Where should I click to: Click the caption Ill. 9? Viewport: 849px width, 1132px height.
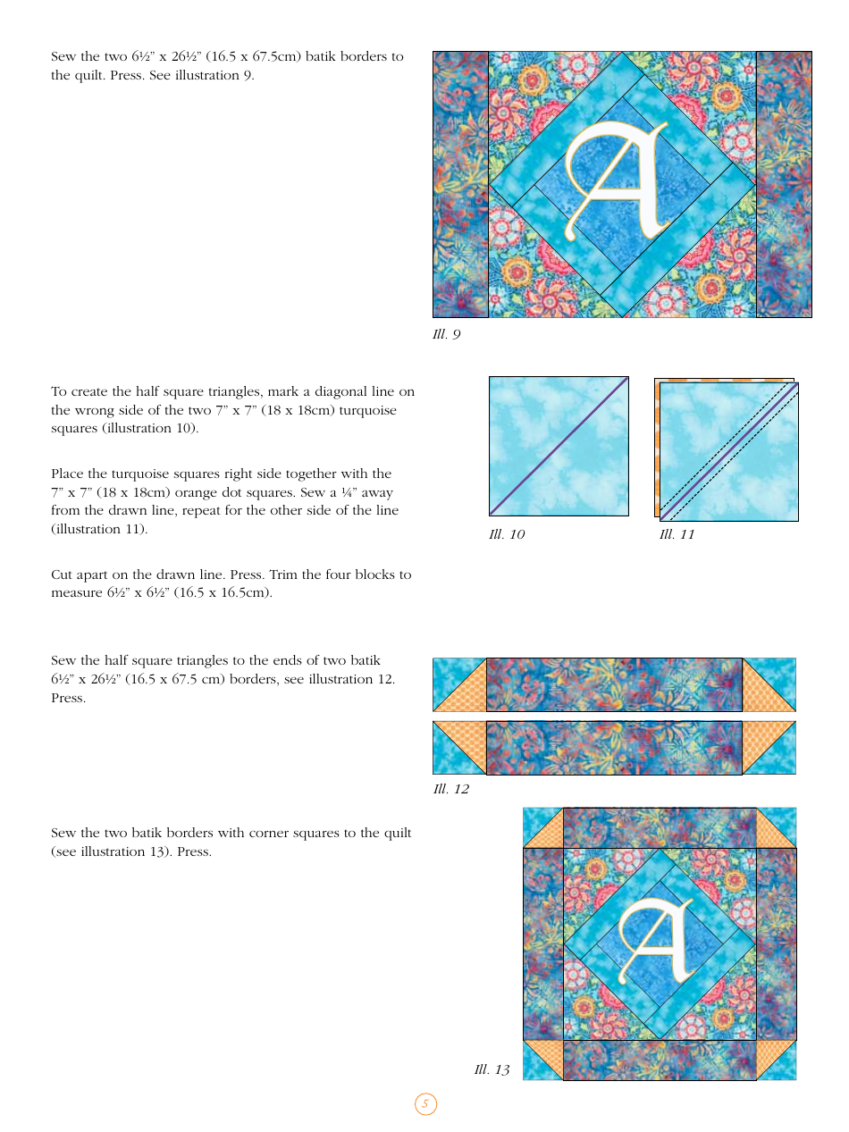[446, 334]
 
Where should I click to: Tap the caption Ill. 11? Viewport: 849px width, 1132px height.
[677, 534]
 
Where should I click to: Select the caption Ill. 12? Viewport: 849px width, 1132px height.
[450, 789]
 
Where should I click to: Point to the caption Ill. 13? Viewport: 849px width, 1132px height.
[492, 1069]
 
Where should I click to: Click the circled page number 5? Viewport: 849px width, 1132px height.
[425, 1104]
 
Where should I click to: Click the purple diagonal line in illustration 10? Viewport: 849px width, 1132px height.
[559, 446]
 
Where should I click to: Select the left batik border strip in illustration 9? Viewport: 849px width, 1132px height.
[460, 184]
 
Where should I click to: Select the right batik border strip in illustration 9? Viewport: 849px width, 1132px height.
[784, 184]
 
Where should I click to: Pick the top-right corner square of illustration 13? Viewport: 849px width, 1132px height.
[776, 827]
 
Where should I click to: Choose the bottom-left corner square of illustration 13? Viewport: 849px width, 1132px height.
[542, 1060]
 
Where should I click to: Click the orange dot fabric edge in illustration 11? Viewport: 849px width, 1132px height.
[658, 447]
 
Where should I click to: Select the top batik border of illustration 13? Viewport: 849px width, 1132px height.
[660, 827]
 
